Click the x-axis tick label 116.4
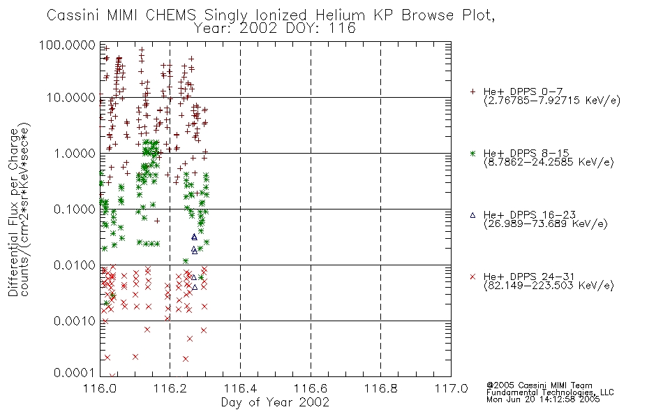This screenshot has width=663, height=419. click(x=240, y=388)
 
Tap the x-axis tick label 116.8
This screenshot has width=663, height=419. click(x=380, y=388)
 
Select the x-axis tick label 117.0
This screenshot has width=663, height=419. click(x=451, y=388)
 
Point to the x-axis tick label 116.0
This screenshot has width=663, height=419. click(x=100, y=388)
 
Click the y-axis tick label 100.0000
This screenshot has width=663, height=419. click(x=68, y=45)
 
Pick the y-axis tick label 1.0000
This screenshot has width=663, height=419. click(x=75, y=153)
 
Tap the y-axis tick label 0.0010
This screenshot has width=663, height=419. click(x=75, y=321)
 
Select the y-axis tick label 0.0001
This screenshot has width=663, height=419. click(x=75, y=372)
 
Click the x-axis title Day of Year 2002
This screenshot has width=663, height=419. click(x=275, y=402)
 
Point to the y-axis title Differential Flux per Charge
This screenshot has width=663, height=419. click(x=13, y=212)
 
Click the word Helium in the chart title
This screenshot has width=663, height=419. click(x=340, y=15)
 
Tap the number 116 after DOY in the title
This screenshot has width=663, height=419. click(x=344, y=29)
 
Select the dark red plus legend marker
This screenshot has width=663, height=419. click(x=472, y=91)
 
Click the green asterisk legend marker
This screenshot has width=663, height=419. click(x=472, y=153)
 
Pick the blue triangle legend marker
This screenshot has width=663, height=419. click(x=472, y=215)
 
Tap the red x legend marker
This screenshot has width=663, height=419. click(x=472, y=277)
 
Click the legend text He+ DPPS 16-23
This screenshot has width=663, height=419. click(x=530, y=214)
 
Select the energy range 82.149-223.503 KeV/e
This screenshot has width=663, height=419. click(x=549, y=286)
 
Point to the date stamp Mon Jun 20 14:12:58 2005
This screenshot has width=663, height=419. click(x=543, y=399)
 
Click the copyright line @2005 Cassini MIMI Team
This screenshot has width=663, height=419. click(x=539, y=385)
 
